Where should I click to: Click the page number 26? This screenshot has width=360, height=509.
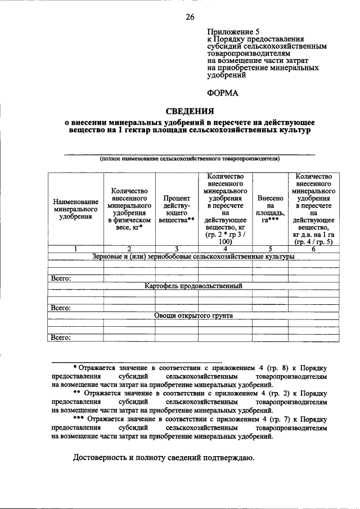click(x=190, y=17)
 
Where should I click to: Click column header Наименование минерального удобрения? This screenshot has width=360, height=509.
click(x=76, y=209)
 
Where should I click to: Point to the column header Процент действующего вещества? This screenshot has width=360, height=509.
click(x=176, y=209)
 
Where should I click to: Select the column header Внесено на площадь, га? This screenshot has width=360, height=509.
click(x=271, y=209)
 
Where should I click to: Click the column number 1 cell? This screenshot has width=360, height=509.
click(x=76, y=249)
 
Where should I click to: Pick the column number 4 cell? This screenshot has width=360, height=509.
click(x=225, y=249)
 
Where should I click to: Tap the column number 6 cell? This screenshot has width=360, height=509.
click(x=313, y=249)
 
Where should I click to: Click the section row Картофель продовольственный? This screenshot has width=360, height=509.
click(x=193, y=286)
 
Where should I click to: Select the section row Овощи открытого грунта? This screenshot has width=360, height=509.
click(x=193, y=316)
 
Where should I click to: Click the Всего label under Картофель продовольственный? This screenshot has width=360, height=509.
click(x=61, y=308)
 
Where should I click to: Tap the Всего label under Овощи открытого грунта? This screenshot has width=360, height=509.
click(x=61, y=337)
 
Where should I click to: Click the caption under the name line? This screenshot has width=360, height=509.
click(x=190, y=159)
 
